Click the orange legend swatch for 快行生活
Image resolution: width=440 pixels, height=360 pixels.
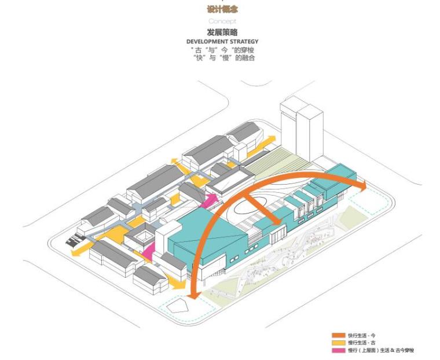(338, 335)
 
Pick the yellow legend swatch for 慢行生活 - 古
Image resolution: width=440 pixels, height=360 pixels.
(338, 343)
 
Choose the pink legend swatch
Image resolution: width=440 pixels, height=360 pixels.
(338, 350)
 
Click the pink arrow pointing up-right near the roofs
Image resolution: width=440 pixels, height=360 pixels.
(210, 199)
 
